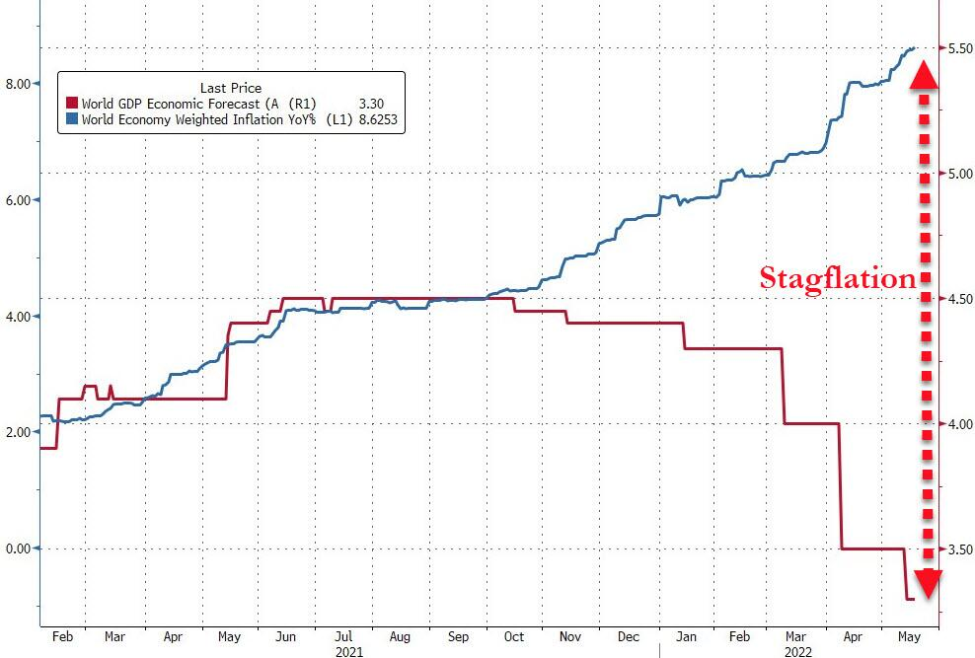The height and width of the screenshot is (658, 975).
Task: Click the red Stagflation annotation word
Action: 838,278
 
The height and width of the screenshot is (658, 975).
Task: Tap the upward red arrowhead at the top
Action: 924,75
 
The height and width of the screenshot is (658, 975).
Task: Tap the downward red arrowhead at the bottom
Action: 925,582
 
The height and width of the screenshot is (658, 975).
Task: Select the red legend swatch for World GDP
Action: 71,102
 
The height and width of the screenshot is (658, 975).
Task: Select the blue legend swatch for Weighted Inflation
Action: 71,119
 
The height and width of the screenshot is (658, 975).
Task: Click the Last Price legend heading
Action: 231,88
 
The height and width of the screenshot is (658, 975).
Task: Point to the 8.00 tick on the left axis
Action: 18,84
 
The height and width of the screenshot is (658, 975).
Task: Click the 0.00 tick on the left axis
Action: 18,548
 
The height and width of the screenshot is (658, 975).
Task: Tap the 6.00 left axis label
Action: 18,200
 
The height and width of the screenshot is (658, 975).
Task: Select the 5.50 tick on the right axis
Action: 959,47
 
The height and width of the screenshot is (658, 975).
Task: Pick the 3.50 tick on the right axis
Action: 959,548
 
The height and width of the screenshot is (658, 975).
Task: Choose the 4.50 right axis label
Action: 959,299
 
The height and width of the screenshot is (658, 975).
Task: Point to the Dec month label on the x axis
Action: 630,637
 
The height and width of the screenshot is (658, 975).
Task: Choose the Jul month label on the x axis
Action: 341,637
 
